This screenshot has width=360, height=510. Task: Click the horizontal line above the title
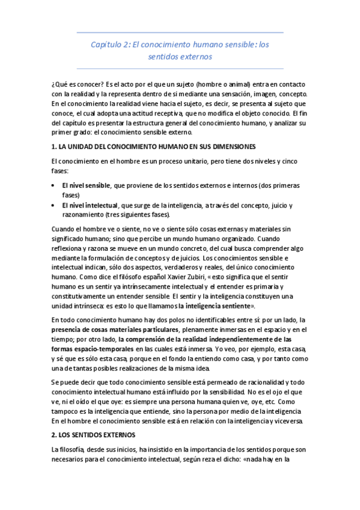point(180,32)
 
